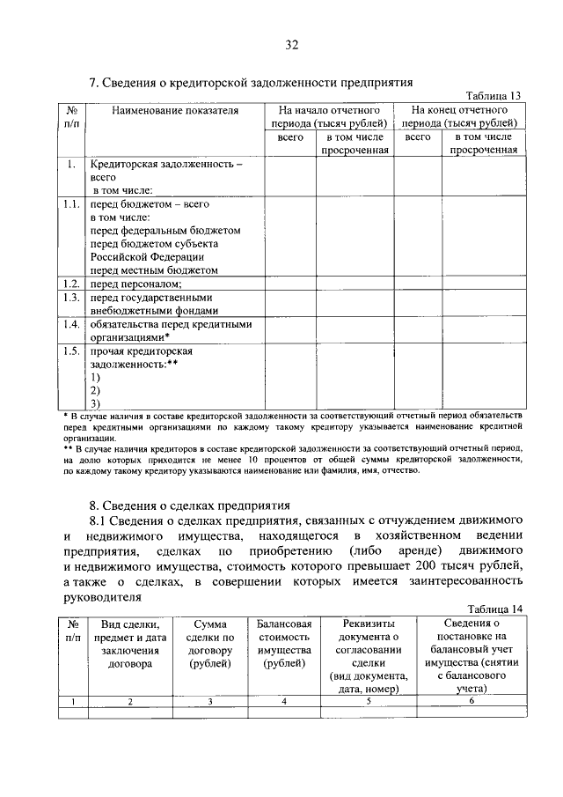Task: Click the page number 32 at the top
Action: tap(292, 45)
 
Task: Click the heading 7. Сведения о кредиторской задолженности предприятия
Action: tap(252, 83)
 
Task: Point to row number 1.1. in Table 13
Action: tap(72, 203)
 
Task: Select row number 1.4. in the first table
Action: tap(72, 323)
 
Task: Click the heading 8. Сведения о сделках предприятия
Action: tap(190, 506)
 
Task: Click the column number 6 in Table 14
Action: tap(472, 701)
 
